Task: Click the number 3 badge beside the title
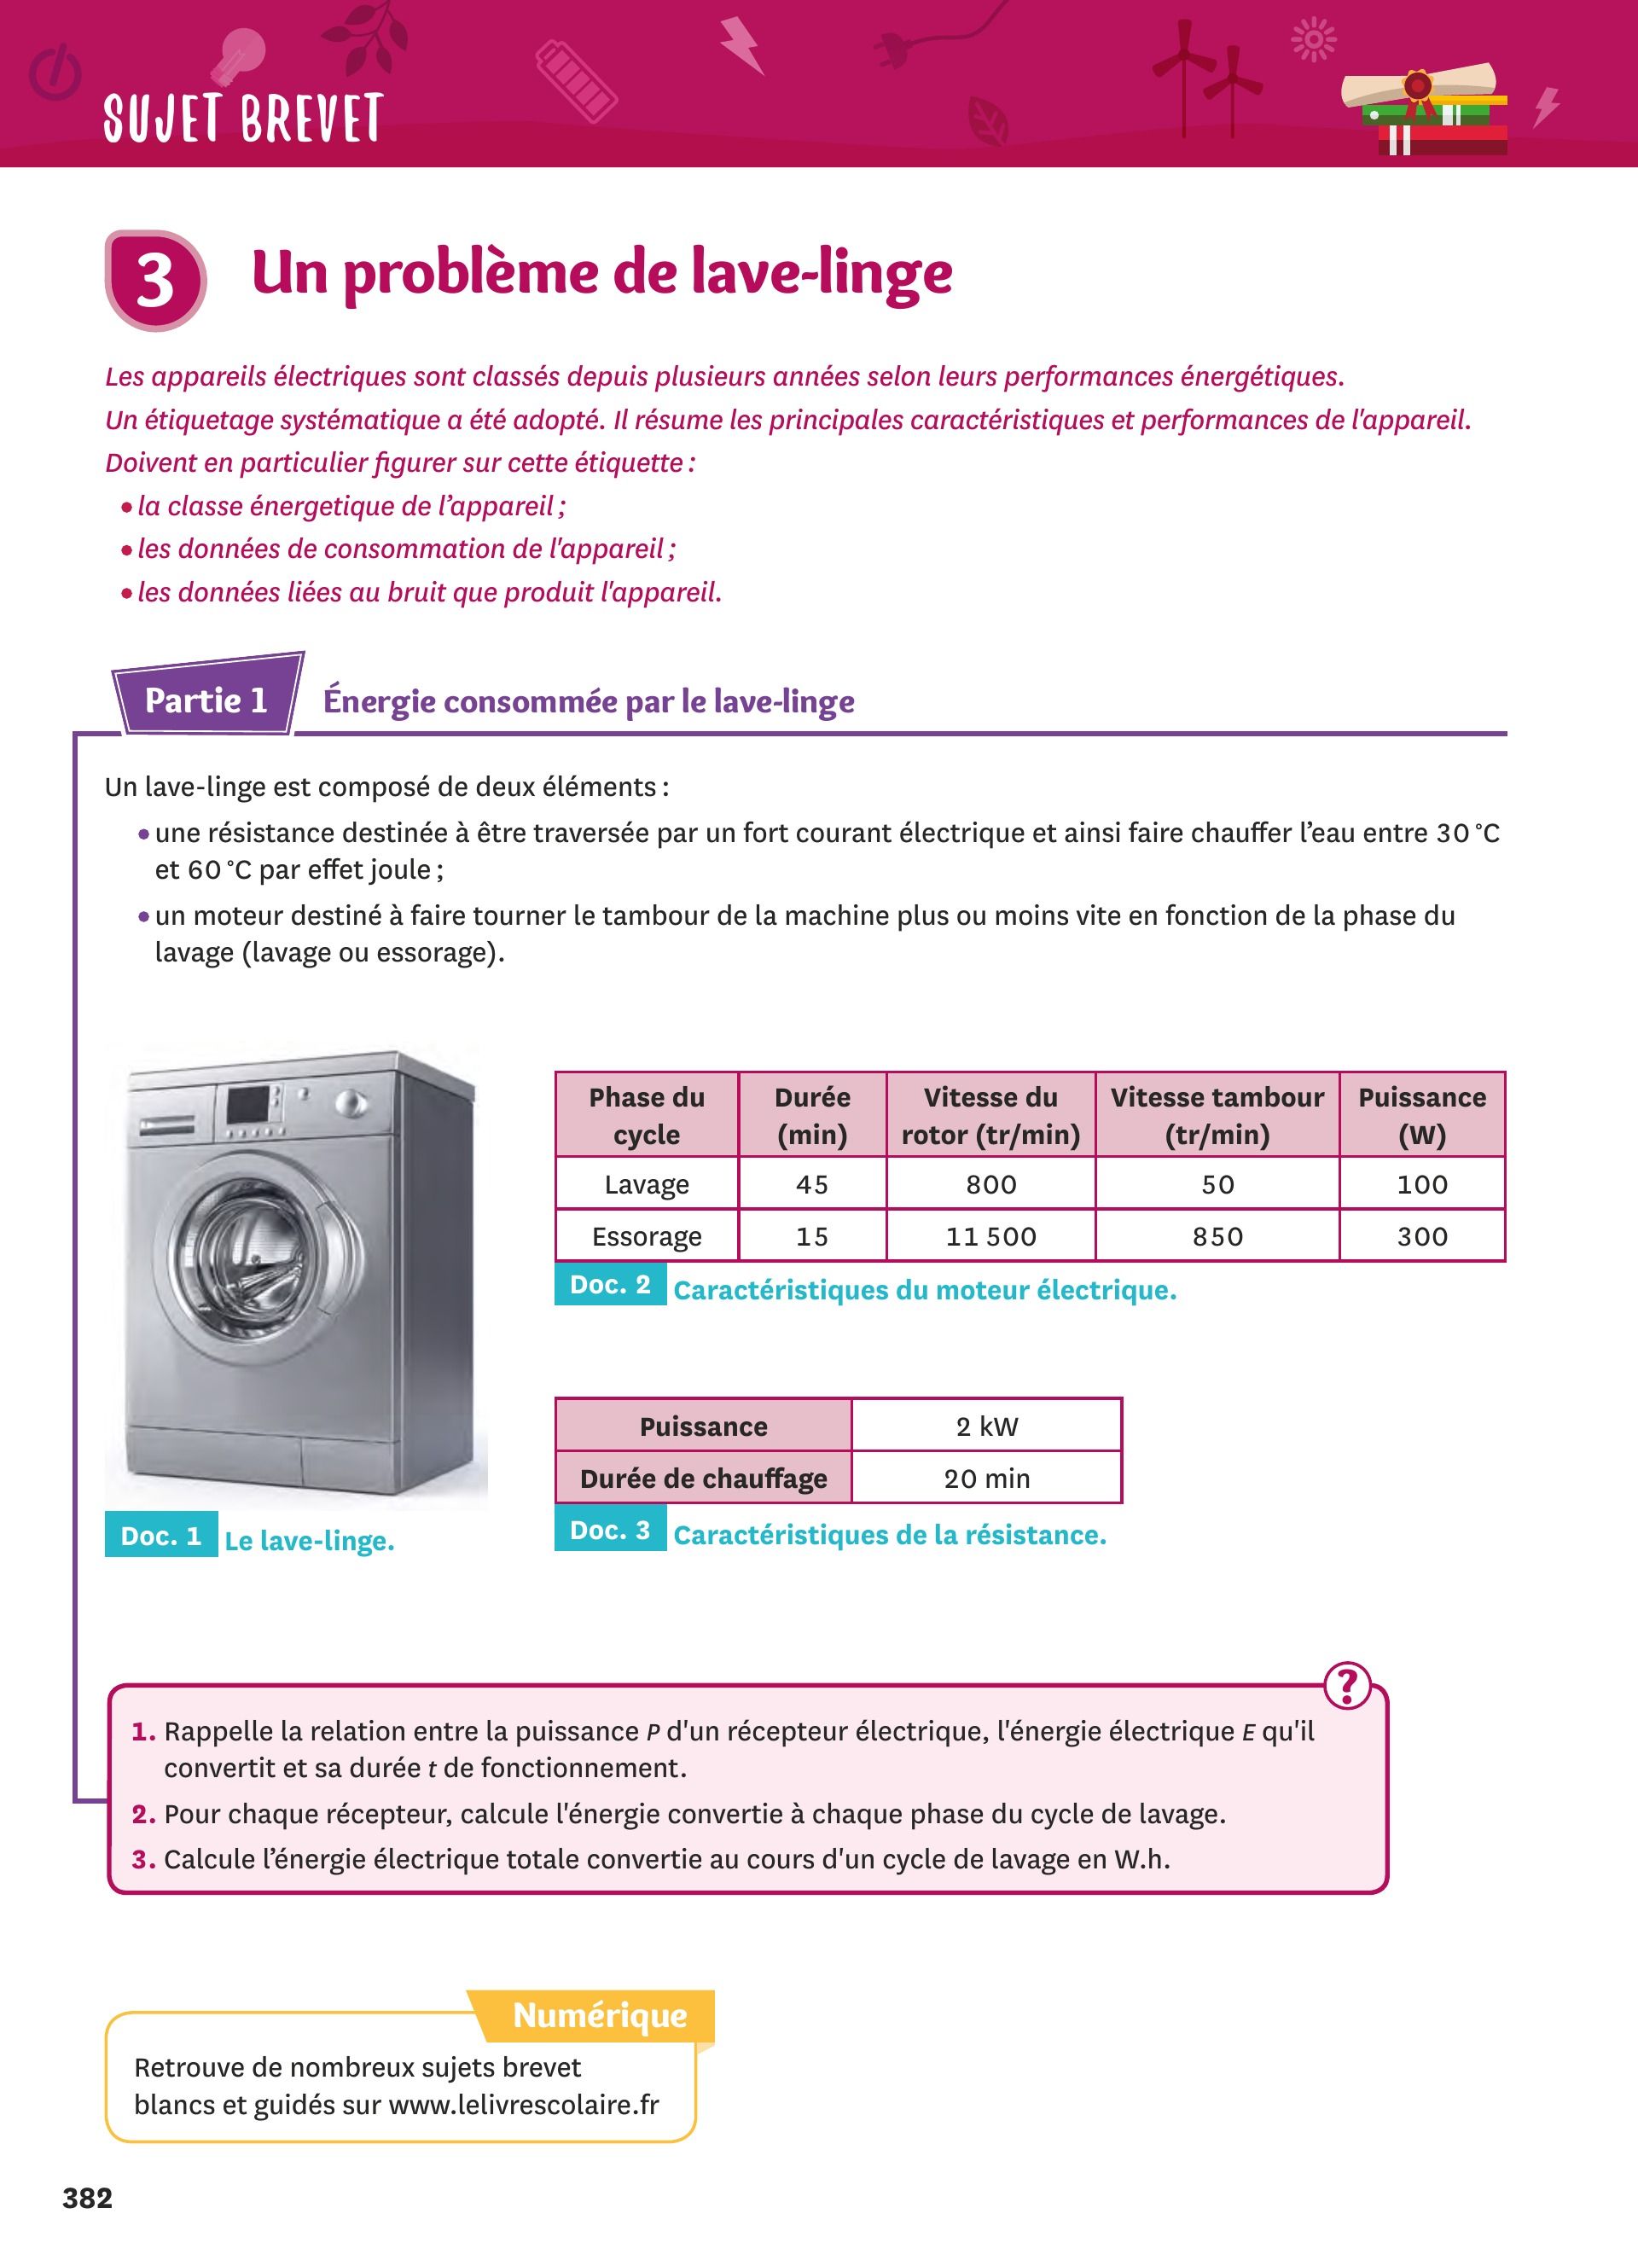tap(154, 280)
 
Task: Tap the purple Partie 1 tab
tap(206, 700)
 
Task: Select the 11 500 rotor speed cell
tap(990, 1236)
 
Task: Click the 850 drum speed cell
tap(1217, 1236)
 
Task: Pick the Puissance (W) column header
tap(1421, 1115)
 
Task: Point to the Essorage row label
tap(646, 1236)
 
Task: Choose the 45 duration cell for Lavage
tap(812, 1184)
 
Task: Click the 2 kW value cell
tap(987, 1426)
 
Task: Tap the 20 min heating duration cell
tap(987, 1478)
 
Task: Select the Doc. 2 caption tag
tap(610, 1285)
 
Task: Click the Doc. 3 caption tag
tap(610, 1531)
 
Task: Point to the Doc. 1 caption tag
tap(160, 1536)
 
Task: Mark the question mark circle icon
tap(1347, 1686)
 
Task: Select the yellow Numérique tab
tap(599, 2015)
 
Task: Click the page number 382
tap(88, 2198)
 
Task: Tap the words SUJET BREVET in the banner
tap(242, 118)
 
